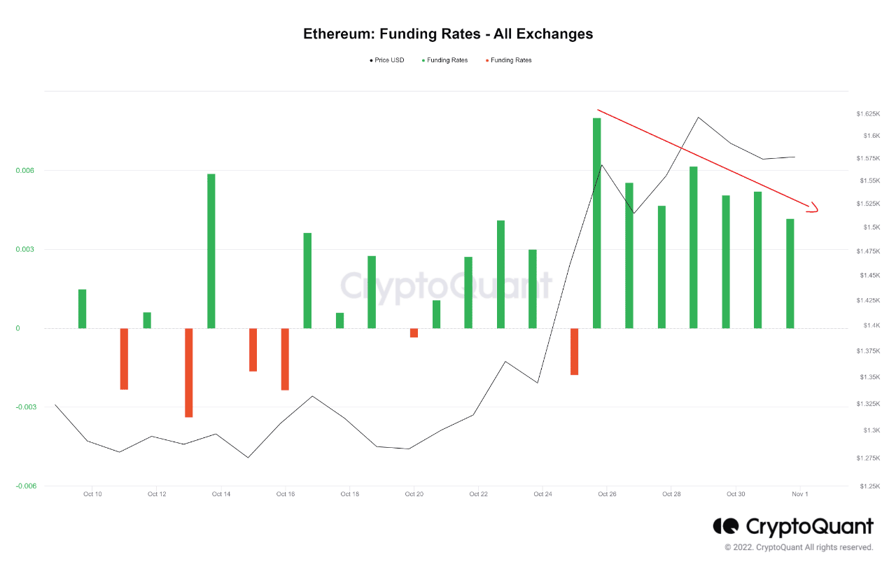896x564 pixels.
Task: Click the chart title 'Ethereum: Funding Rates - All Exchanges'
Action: point(448,34)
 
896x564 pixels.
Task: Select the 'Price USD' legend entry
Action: point(387,60)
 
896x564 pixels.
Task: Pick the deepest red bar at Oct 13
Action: point(189,372)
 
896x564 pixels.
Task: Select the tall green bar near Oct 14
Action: point(211,251)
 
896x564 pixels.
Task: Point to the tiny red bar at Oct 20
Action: point(414,333)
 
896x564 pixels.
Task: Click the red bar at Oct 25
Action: point(575,351)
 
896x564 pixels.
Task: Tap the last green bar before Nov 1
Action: point(790,273)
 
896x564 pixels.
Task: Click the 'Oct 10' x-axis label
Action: point(92,494)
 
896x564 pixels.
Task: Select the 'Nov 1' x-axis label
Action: point(800,494)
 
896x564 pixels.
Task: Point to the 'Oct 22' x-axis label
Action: point(479,494)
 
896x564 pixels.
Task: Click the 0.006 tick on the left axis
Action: point(24,171)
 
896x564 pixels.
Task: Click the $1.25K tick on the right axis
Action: point(866,486)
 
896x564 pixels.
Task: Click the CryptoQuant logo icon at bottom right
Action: point(726,526)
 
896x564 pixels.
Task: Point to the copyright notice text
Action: point(799,547)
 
